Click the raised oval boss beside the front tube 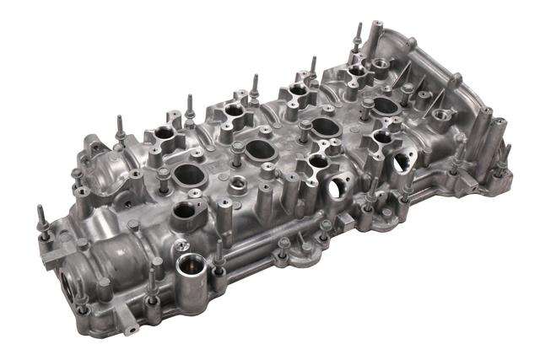pos(187,214)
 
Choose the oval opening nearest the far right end pos(385,105)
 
